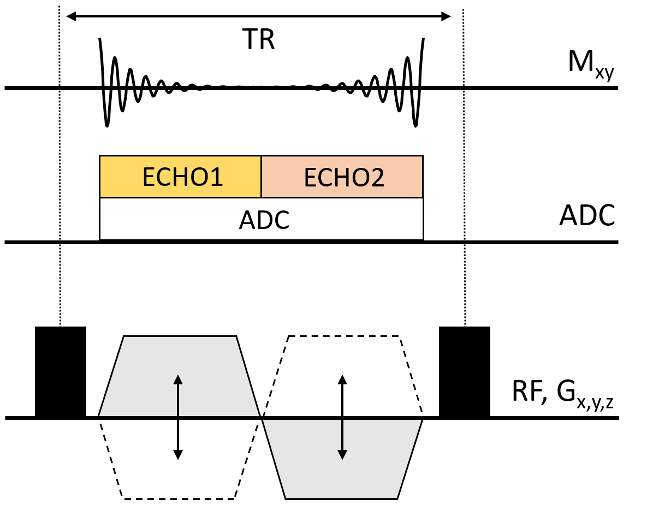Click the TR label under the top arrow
click(x=258, y=40)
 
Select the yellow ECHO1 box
click(x=180, y=176)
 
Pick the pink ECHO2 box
click(x=342, y=176)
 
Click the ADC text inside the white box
click(x=264, y=221)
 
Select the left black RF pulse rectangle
click(x=61, y=372)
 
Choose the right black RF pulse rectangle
click(x=465, y=372)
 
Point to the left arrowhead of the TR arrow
click(x=70, y=16)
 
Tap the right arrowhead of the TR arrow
click(x=447, y=16)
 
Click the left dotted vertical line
click(x=59, y=164)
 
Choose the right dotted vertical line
click(x=464, y=164)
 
